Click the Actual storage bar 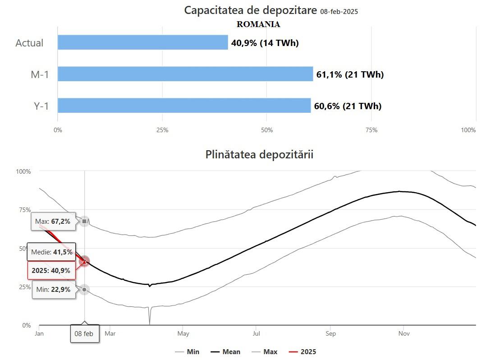click(x=142, y=42)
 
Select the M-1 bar click(x=185, y=74)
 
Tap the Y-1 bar click(x=184, y=106)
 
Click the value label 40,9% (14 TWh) click(x=265, y=43)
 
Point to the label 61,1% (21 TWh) click(x=350, y=74)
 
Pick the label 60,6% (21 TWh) click(x=348, y=106)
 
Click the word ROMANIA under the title click(x=258, y=24)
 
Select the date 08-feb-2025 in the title click(x=339, y=12)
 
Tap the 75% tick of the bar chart click(x=371, y=130)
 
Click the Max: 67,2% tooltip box click(x=52, y=221)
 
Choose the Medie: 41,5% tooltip click(x=51, y=252)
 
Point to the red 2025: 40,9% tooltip click(x=51, y=270)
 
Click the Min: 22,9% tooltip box click(x=52, y=289)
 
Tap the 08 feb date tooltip click(x=84, y=334)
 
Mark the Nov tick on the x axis click(x=403, y=333)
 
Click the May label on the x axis click(x=183, y=333)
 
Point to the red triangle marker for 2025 click(x=84, y=261)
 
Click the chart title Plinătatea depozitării click(x=259, y=154)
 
